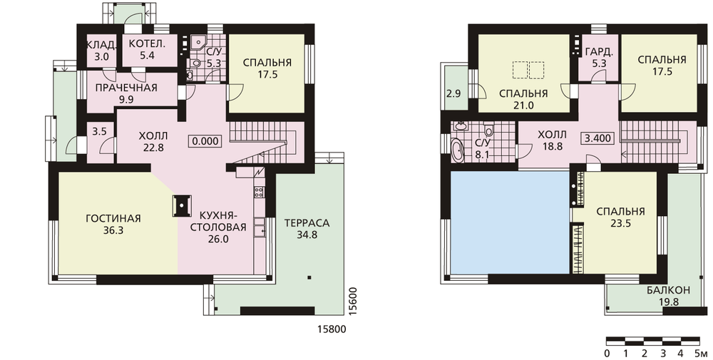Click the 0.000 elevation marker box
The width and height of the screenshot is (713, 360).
[x=205, y=141]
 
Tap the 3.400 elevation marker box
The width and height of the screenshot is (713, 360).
[x=597, y=138]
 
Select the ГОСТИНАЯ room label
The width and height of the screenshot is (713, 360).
[x=113, y=219]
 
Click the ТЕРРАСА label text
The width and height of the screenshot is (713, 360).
[x=307, y=223]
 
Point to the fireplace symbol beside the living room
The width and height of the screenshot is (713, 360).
[x=181, y=206]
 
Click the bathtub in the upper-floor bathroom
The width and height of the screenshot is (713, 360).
[x=458, y=150]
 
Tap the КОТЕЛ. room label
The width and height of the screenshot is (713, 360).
[x=146, y=44]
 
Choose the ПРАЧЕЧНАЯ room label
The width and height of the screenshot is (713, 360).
[x=126, y=88]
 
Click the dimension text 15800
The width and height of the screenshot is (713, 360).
[x=331, y=329]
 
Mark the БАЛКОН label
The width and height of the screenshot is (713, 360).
[x=669, y=290]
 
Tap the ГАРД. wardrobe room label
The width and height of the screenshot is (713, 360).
[x=600, y=52]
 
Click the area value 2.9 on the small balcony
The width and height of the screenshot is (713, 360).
[x=453, y=94]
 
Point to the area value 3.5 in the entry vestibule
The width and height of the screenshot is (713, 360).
[x=99, y=132]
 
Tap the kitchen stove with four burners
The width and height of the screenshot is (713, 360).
[x=260, y=192]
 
